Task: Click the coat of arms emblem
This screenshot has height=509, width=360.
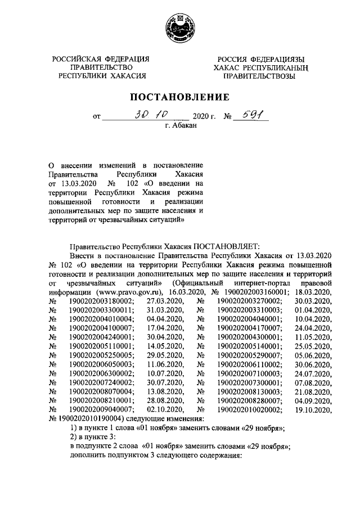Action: click(180, 27)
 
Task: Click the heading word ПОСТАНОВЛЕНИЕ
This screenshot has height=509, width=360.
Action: click(180, 97)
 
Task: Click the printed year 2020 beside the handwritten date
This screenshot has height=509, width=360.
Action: click(201, 118)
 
